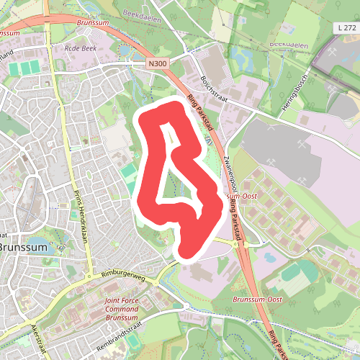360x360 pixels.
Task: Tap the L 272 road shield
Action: [346, 27]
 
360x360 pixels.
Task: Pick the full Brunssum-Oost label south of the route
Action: [258, 299]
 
